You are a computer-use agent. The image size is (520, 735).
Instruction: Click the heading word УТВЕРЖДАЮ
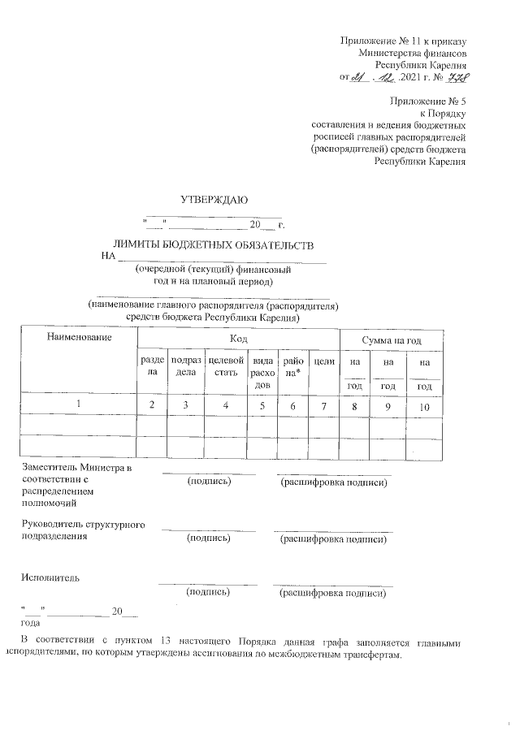pos(214,200)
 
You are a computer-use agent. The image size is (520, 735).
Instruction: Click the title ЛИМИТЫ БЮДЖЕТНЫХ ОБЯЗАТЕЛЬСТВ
pos(213,244)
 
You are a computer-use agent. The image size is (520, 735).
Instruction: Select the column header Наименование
pos(78,336)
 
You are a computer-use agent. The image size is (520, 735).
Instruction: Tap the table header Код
pos(238,337)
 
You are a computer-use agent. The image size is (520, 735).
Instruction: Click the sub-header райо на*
pos(292,366)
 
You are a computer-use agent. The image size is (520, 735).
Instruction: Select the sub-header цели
pos(324,360)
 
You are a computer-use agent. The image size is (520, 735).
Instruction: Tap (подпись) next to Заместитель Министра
pos(209,482)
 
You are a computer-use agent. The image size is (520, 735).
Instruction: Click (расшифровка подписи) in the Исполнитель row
pos(332,593)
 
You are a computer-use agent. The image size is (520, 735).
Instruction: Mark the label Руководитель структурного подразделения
pos(83,531)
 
